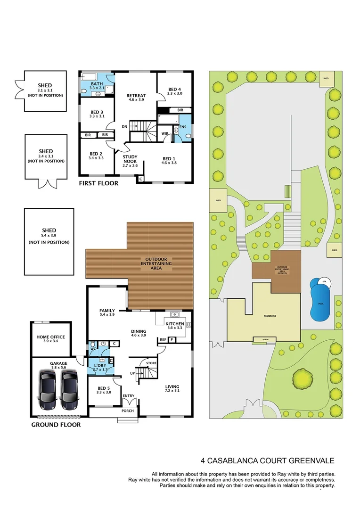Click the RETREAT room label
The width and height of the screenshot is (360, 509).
pos(136,96)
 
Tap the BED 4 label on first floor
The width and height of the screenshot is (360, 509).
pos(174,90)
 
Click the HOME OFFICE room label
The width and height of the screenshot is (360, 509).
pos(50,337)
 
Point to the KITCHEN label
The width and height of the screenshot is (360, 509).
pos(175,324)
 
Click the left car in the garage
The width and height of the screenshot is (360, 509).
pos(49,389)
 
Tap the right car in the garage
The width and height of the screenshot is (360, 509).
pos(69,389)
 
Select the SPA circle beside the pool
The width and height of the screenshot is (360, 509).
pos(324,281)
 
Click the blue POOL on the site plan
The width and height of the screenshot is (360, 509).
pos(320,304)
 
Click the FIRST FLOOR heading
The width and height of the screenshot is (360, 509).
pos(98,183)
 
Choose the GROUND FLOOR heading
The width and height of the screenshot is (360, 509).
pos(56,425)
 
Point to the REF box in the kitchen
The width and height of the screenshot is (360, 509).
pos(163,339)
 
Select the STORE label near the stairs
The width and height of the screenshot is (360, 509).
pos(151,363)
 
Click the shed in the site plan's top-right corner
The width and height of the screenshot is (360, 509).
pos(325,79)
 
